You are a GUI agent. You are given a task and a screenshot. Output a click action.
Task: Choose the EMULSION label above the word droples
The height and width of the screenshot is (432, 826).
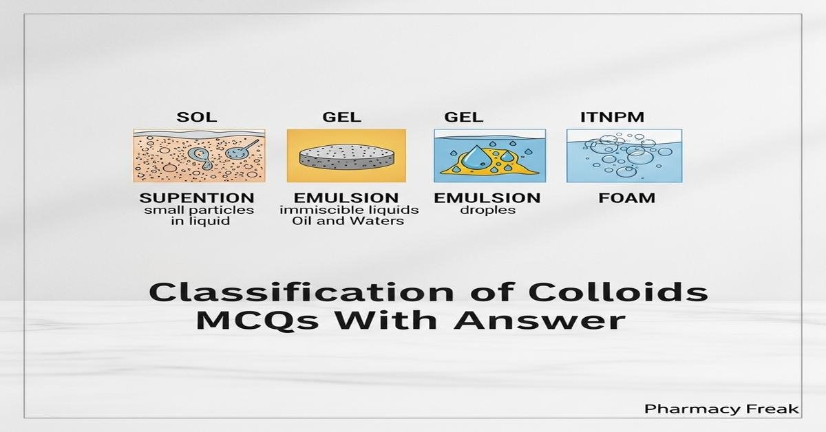tap(487, 198)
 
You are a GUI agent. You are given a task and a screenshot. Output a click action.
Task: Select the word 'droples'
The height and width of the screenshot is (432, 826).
tap(487, 210)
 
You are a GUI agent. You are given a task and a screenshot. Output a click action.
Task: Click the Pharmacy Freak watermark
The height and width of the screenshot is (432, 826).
tap(722, 409)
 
